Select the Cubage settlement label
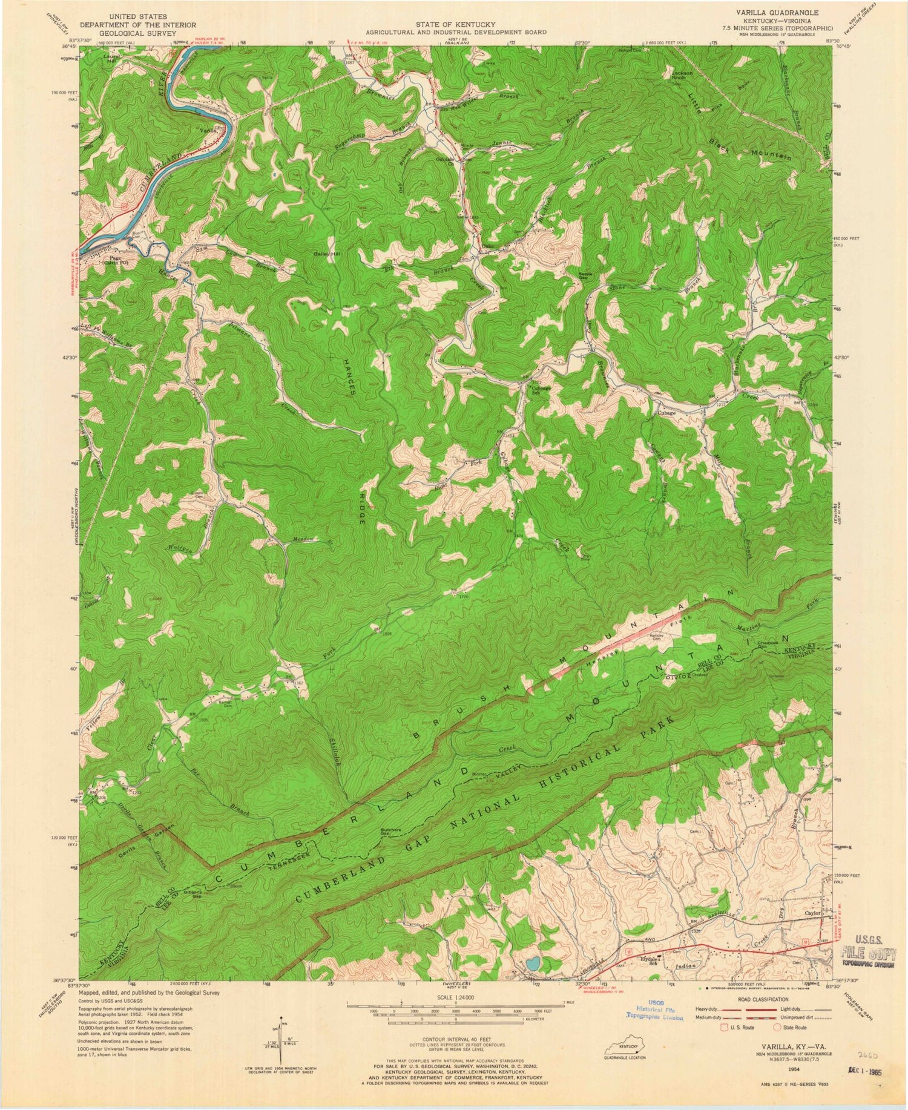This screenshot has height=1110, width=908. tap(666, 413)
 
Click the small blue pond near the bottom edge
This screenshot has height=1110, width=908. tap(533, 962)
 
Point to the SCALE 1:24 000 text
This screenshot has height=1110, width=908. tap(455, 996)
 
